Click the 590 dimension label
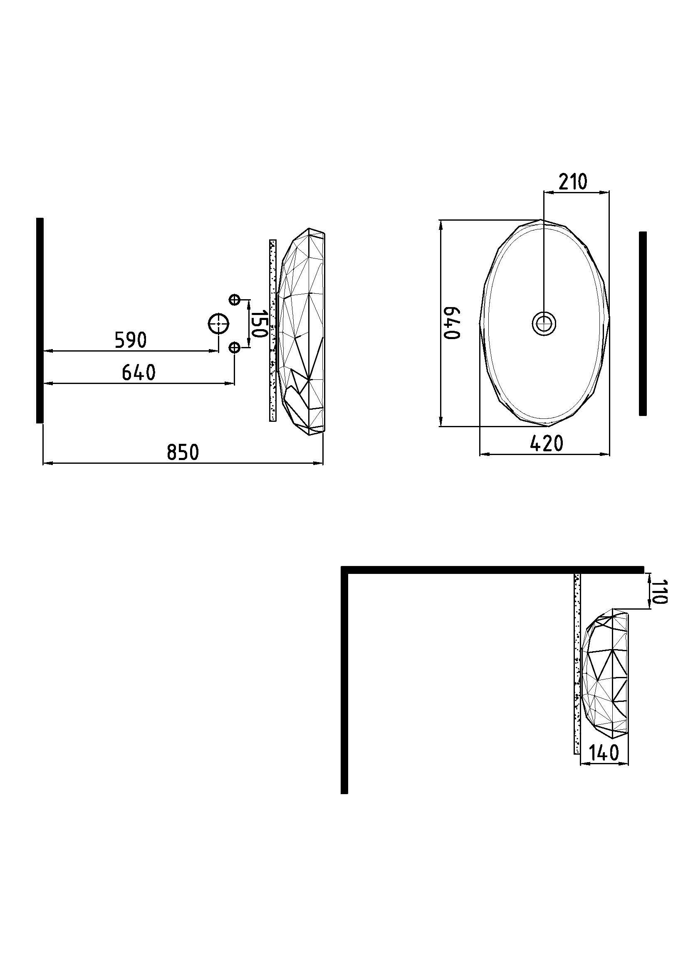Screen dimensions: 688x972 coord(131,340)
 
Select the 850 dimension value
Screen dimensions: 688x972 coord(183,452)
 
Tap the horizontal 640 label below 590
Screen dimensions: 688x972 coord(139,372)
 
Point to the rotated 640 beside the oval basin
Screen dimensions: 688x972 coord(452,323)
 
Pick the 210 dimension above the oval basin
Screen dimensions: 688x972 coord(573,182)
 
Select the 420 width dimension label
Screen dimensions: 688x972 coord(547,443)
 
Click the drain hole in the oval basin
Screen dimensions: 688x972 coord(544,324)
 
